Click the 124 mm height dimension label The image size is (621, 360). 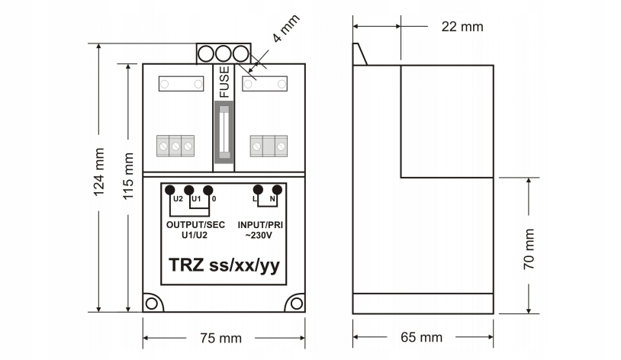tap(98, 172)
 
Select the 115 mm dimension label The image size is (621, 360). tap(128, 176)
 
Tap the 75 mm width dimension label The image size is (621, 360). tap(220, 338)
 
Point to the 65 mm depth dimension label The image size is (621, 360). tap(421, 337)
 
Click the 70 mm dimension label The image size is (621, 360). tap(529, 249)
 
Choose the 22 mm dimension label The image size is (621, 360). tap(462, 27)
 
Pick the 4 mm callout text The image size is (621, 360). tap(286, 28)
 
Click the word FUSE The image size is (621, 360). tap(224, 82)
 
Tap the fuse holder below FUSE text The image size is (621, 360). tap(224, 132)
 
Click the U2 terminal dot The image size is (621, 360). tap(170, 190)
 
